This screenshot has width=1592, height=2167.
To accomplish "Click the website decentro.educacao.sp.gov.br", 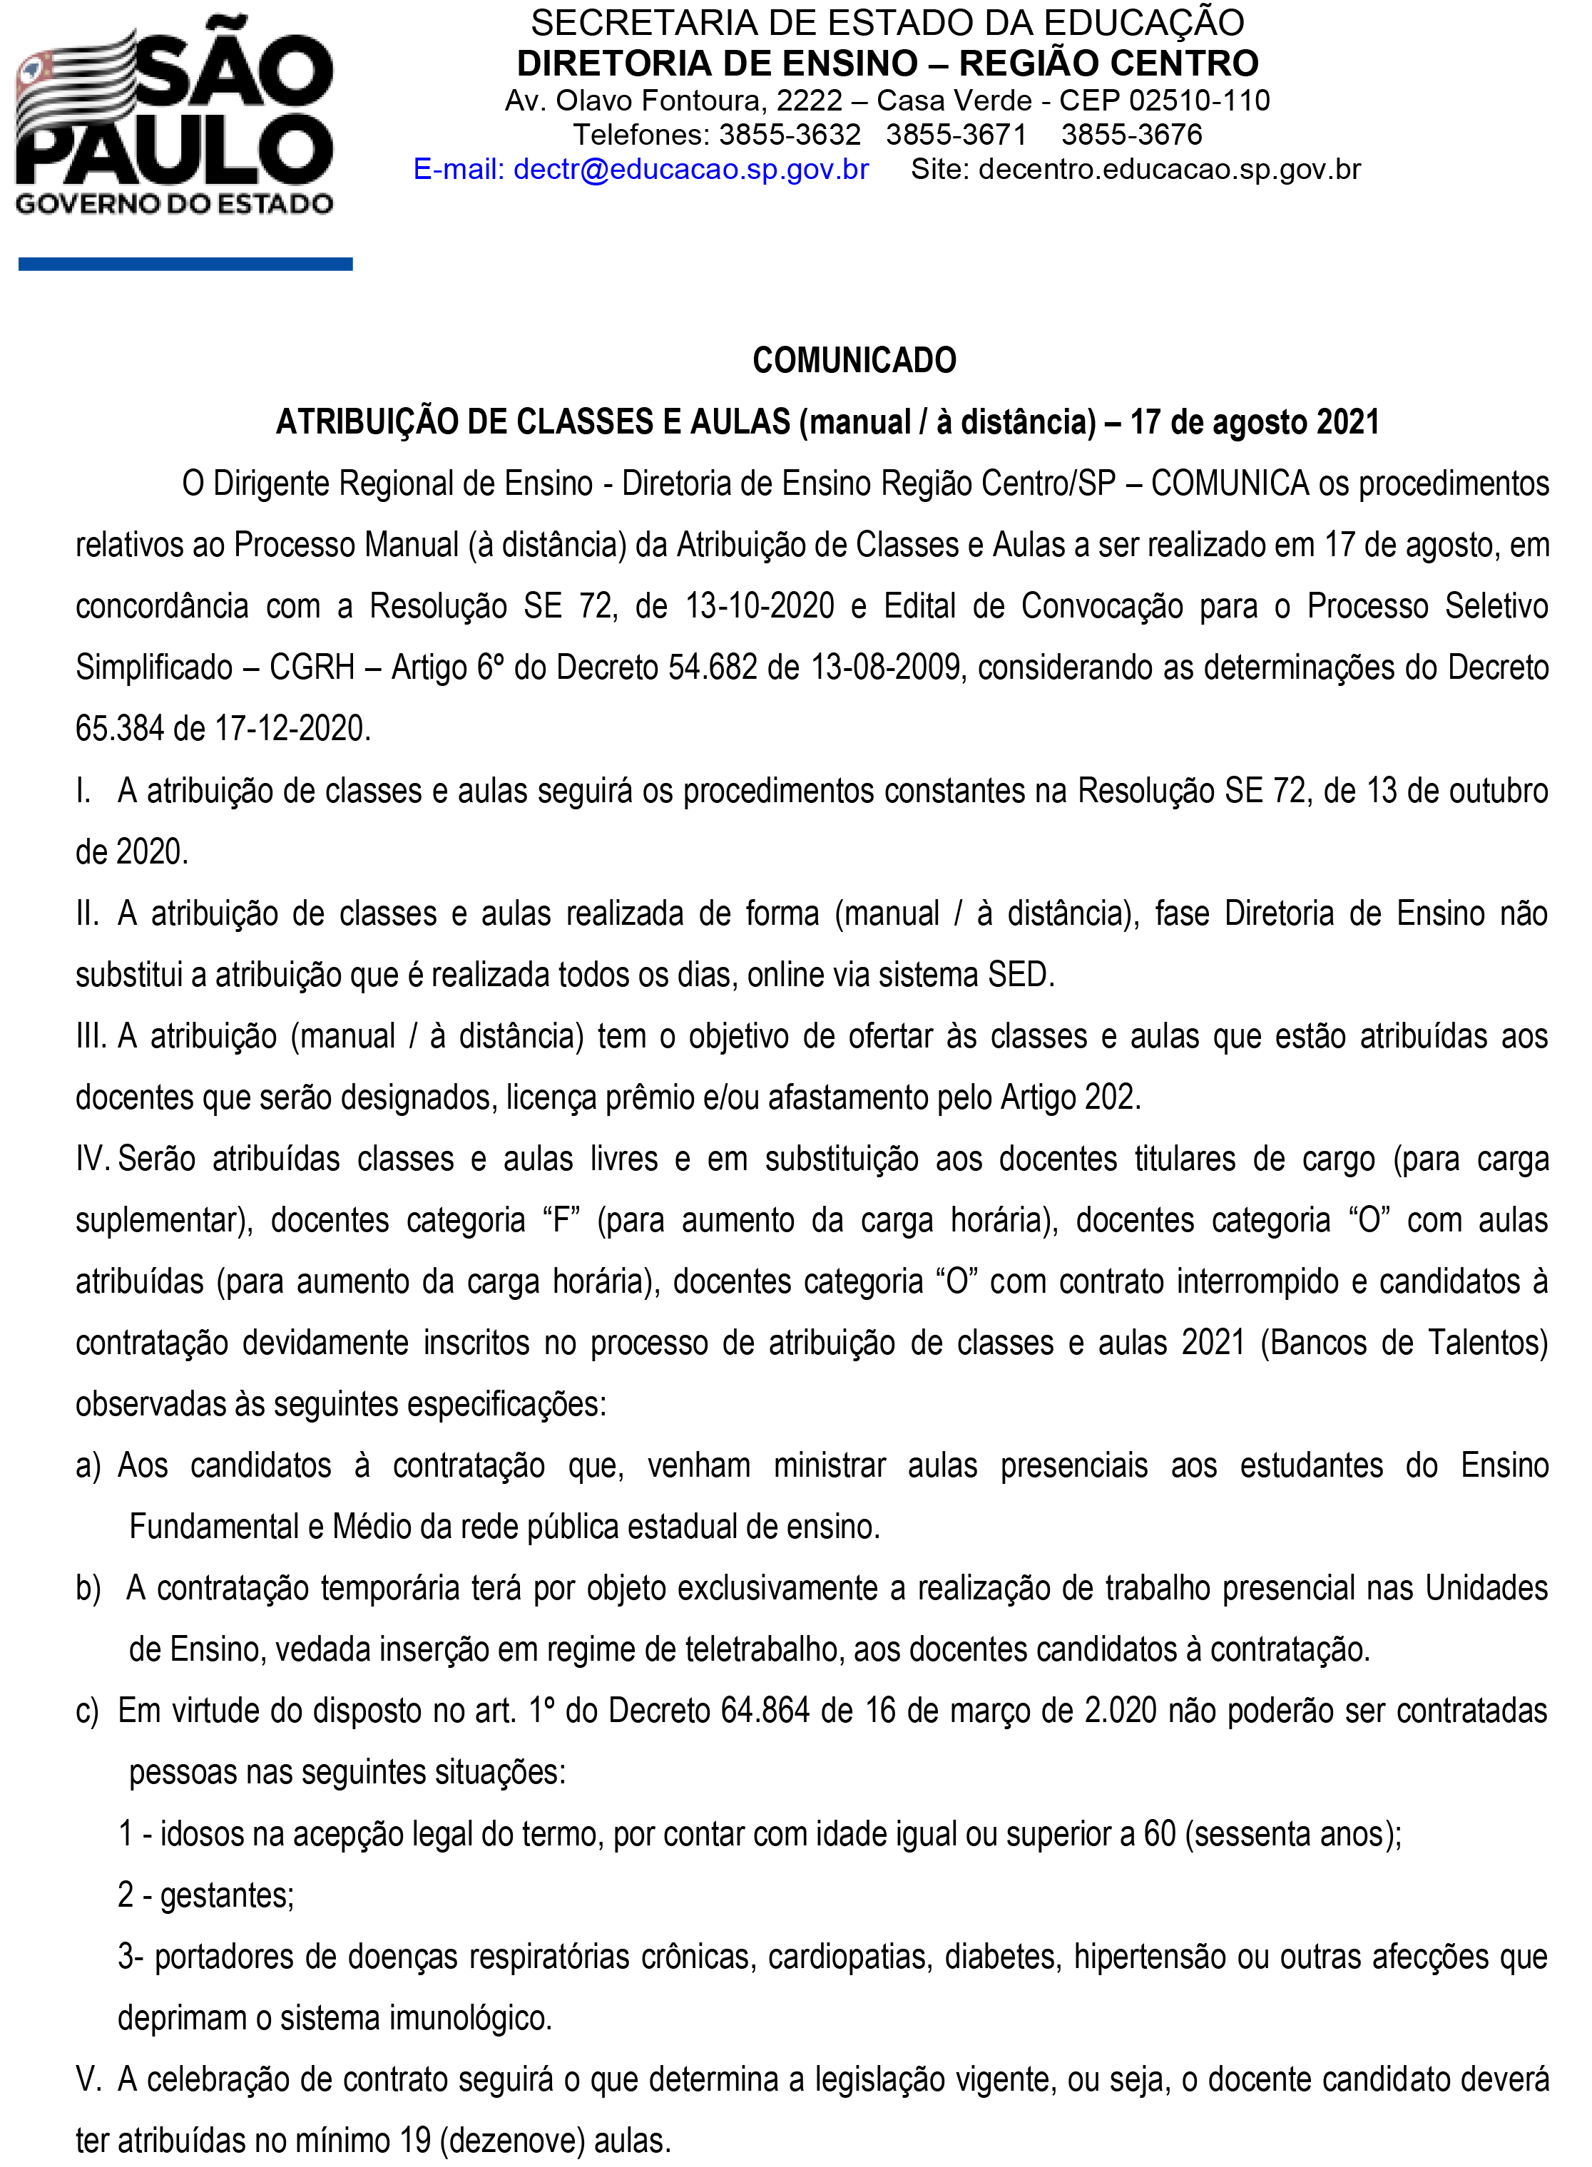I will pyautogui.click(x=1169, y=170).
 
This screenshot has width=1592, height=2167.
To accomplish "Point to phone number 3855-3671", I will pyautogui.click(x=956, y=135).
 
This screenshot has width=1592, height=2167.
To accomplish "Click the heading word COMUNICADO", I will pyautogui.click(x=854, y=360).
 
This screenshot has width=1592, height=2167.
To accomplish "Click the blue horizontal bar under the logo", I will pyautogui.click(x=185, y=264).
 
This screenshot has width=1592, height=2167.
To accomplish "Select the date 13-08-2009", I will pyautogui.click(x=887, y=667).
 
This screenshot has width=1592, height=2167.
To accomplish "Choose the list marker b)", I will pyautogui.click(x=88, y=1589).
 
